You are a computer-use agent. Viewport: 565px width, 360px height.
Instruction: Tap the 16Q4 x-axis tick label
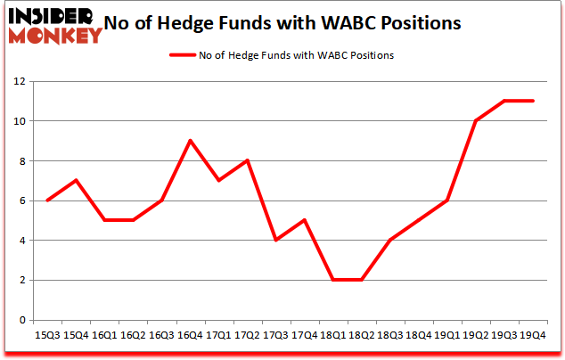point(190,335)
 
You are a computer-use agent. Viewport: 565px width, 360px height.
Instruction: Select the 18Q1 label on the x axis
point(333,335)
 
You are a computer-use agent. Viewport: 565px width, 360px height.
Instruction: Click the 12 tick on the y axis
point(19,82)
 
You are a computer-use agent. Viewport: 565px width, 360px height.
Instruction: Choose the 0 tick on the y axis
point(22,321)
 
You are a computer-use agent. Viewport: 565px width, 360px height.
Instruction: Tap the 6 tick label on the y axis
point(22,201)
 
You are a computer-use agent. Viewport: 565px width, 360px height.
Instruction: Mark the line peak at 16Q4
point(190,141)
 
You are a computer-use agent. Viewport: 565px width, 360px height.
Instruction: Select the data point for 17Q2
point(247,160)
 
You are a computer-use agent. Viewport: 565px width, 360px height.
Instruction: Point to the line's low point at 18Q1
point(333,280)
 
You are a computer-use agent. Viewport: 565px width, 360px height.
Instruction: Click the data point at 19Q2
point(476,121)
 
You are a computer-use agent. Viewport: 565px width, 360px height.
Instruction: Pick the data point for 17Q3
point(276,240)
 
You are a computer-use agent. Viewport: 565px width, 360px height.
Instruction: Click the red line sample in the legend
point(184,55)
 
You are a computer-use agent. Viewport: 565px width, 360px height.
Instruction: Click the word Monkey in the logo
point(56,36)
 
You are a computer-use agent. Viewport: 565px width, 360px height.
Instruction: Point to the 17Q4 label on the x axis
point(305,335)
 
